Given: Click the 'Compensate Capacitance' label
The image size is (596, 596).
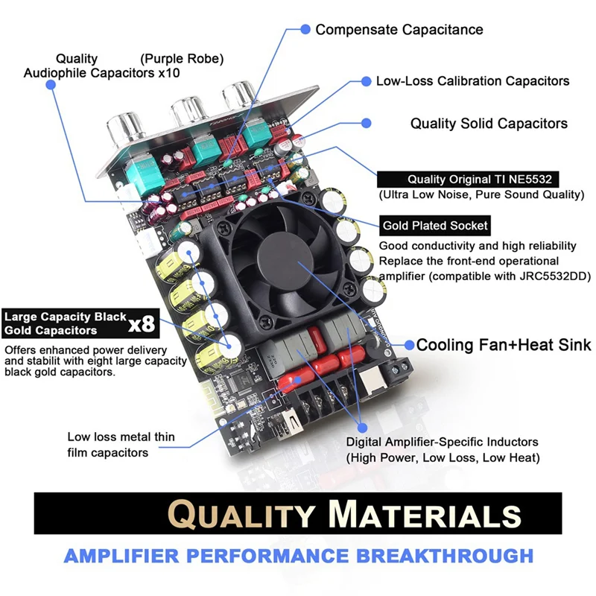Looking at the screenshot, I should click(x=399, y=30).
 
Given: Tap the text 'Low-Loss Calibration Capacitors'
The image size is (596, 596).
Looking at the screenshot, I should click(x=472, y=80).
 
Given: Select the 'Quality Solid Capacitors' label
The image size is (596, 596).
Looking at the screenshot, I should click(x=489, y=124).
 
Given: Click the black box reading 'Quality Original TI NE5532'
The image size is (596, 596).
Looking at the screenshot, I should click(x=468, y=179).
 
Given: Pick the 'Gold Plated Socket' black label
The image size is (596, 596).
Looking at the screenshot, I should click(x=435, y=225).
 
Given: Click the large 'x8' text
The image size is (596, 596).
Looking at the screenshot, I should click(x=141, y=324).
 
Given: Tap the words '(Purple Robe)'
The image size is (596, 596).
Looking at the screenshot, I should click(x=182, y=58).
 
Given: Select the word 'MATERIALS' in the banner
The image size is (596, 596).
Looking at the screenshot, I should click(x=425, y=515).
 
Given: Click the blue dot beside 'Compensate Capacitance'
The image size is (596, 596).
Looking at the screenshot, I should click(x=305, y=29).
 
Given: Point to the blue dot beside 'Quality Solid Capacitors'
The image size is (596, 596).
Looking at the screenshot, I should click(x=366, y=122).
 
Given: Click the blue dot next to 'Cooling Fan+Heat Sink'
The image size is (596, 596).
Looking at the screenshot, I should click(x=409, y=345).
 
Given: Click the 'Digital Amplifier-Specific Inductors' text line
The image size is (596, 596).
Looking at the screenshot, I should click(x=442, y=443).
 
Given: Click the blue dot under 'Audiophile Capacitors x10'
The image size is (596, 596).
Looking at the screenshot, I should click(x=51, y=86).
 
